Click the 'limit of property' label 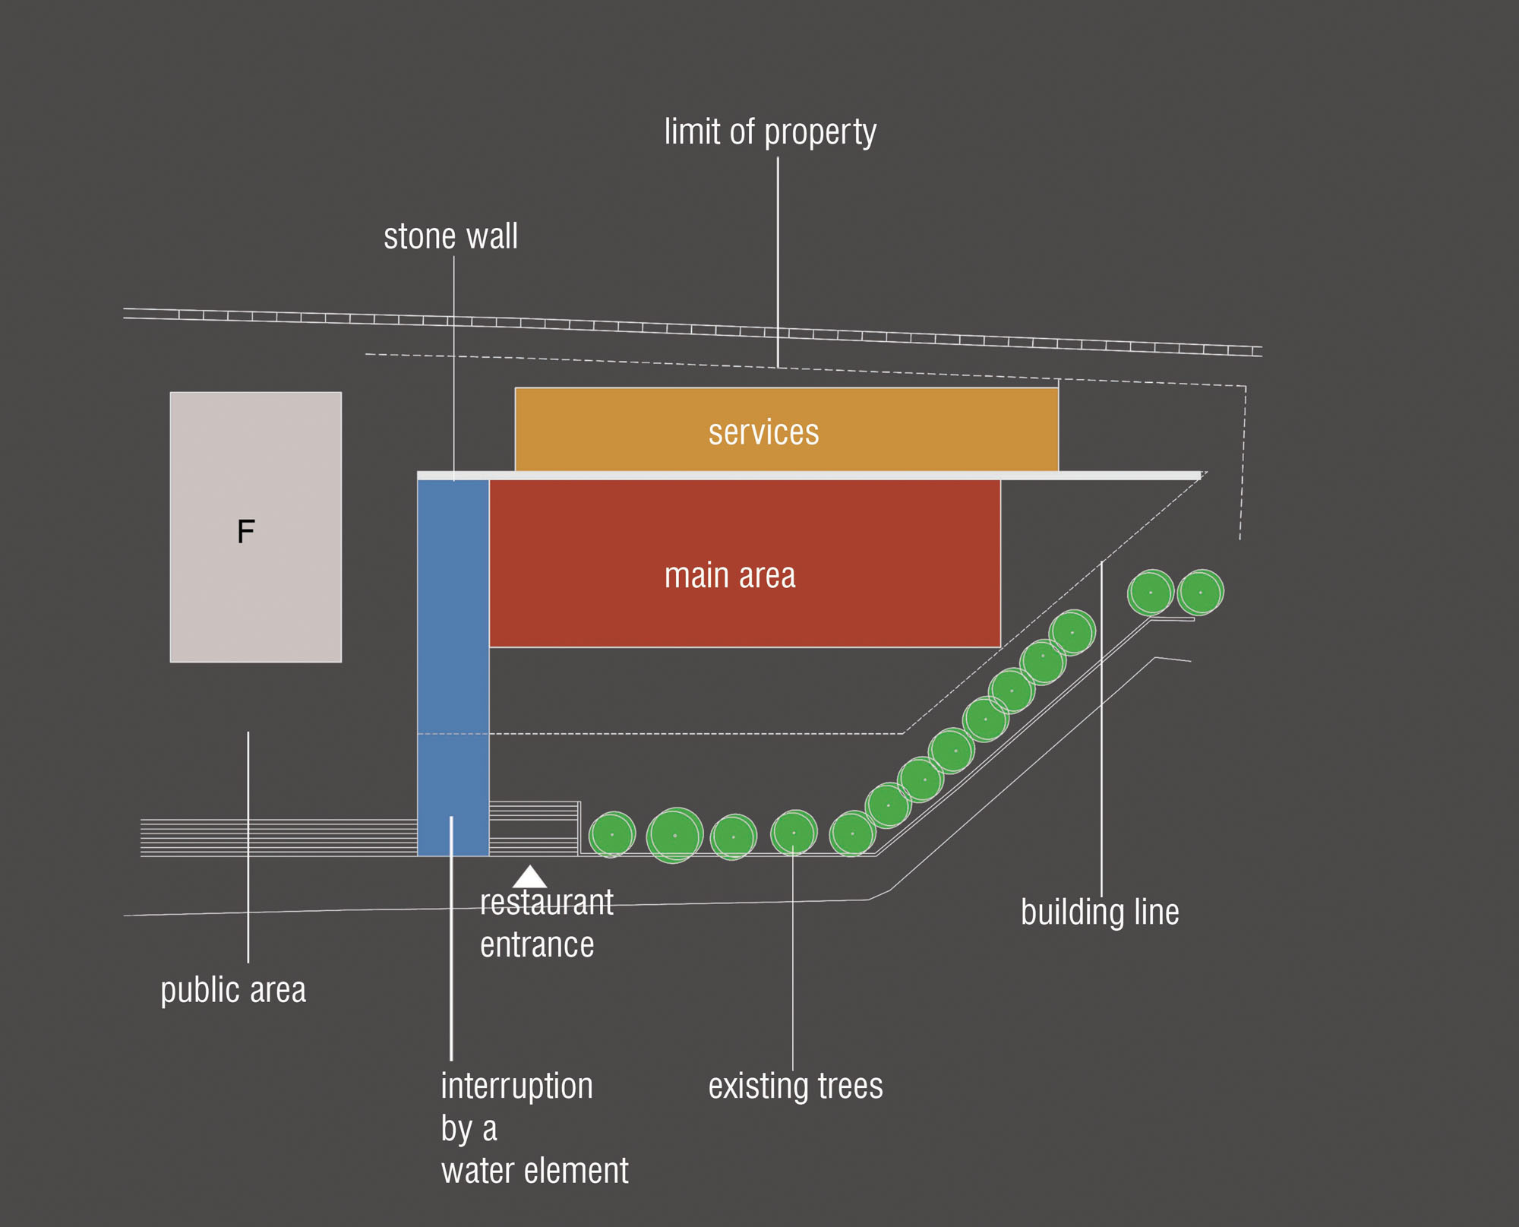tap(770, 132)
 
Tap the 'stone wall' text tap(450, 236)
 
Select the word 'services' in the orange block tap(763, 432)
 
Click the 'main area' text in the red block tap(730, 575)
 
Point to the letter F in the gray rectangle tap(245, 531)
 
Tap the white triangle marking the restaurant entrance tap(529, 877)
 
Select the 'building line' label tap(1099, 912)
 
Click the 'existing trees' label tap(795, 1086)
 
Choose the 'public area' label tap(233, 990)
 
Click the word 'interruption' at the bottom tap(516, 1086)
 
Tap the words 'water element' tap(535, 1171)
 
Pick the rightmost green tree tap(1200, 592)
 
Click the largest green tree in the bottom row tap(674, 835)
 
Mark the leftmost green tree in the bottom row tap(611, 834)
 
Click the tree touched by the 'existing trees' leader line tap(794, 833)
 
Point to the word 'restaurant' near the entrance tap(546, 903)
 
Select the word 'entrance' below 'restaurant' tap(537, 945)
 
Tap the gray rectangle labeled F tap(255, 593)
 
